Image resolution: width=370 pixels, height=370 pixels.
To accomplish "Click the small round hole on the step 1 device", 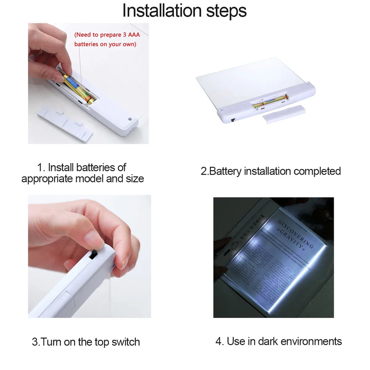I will pos(130,120).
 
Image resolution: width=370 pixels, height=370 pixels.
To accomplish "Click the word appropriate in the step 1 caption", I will pos(47,179).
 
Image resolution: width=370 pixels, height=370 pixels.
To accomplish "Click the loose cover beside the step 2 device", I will pos(284,114).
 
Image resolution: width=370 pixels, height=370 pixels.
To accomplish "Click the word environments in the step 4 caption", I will pos(311,341).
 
